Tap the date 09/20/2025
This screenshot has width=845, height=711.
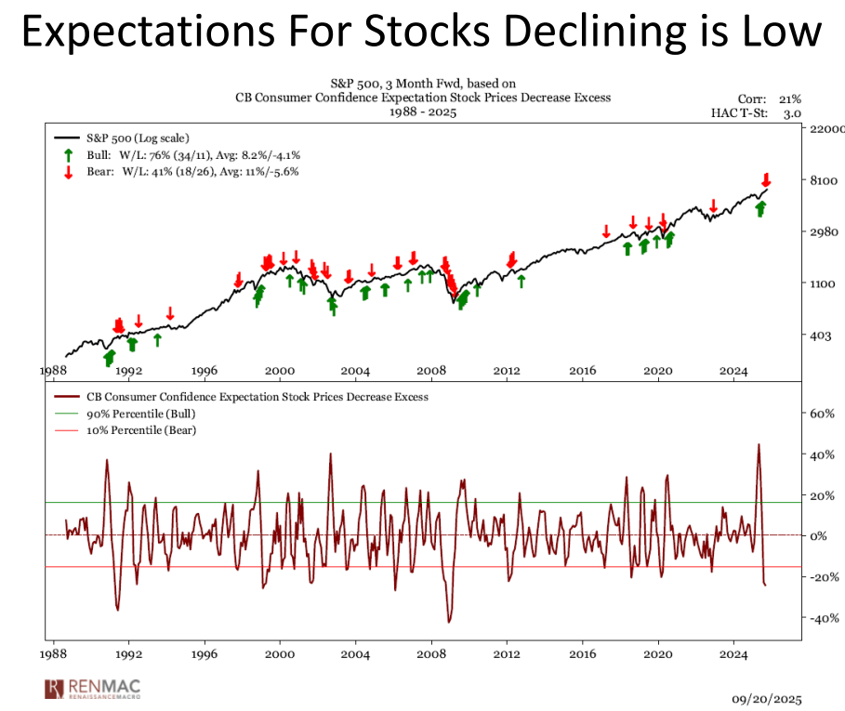pos(765,698)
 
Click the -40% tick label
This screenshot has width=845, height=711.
pos(816,618)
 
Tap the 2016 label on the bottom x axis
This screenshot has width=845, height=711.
pos(582,653)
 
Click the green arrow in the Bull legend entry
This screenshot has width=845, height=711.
pos(69,155)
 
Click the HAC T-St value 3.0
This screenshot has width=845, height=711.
pos(792,112)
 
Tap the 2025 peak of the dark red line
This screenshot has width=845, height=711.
pos(759,444)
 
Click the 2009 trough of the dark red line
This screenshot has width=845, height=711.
pos(449,622)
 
